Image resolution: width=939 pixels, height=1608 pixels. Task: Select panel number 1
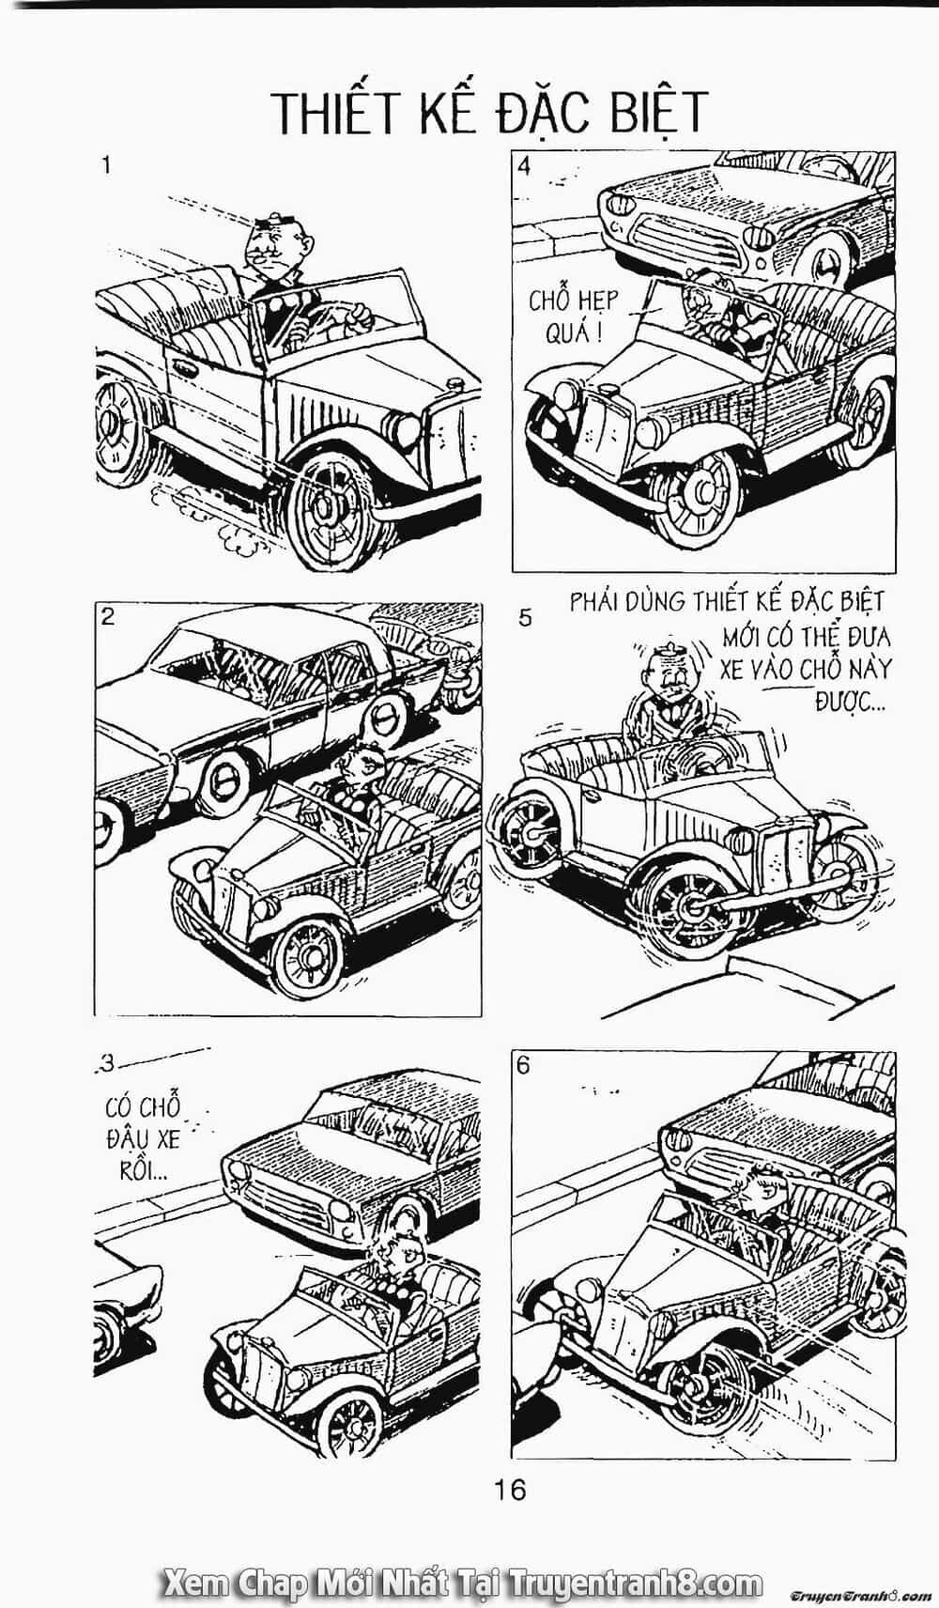point(106,166)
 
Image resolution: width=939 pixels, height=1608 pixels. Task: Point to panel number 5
point(526,618)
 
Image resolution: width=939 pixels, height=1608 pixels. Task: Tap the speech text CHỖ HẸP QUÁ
point(574,316)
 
